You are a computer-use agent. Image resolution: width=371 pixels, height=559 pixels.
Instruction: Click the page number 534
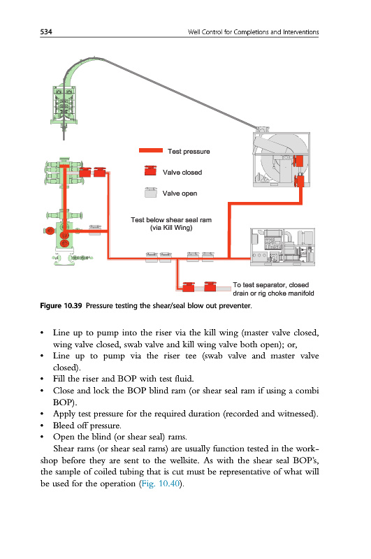[46, 31]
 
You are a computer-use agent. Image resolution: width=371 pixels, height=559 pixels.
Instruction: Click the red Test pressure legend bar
[151, 150]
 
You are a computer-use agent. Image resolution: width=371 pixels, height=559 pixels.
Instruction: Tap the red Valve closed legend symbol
[150, 170]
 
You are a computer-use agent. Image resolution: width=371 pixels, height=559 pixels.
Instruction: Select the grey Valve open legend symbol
[151, 192]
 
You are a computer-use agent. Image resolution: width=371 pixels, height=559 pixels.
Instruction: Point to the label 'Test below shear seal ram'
[171, 219]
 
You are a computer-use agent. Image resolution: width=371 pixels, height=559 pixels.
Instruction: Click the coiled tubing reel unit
[281, 159]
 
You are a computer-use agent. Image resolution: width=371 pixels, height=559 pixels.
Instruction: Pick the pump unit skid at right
[282, 247]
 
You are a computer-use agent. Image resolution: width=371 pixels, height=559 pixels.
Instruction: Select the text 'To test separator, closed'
[271, 285]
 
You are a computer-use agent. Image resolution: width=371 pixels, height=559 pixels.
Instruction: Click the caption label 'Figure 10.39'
[61, 305]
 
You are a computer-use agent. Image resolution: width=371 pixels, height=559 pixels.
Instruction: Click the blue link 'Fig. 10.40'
[161, 484]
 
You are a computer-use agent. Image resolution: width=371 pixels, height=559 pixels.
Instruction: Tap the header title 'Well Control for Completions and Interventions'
[254, 31]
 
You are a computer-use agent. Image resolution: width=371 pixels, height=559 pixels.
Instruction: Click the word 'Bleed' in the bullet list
[64, 426]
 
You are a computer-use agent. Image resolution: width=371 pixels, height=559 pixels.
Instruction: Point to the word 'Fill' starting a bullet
[59, 378]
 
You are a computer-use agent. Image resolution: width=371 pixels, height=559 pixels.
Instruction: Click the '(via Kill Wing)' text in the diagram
[171, 228]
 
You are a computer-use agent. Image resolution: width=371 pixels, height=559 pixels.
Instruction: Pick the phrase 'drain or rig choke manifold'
[273, 293]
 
